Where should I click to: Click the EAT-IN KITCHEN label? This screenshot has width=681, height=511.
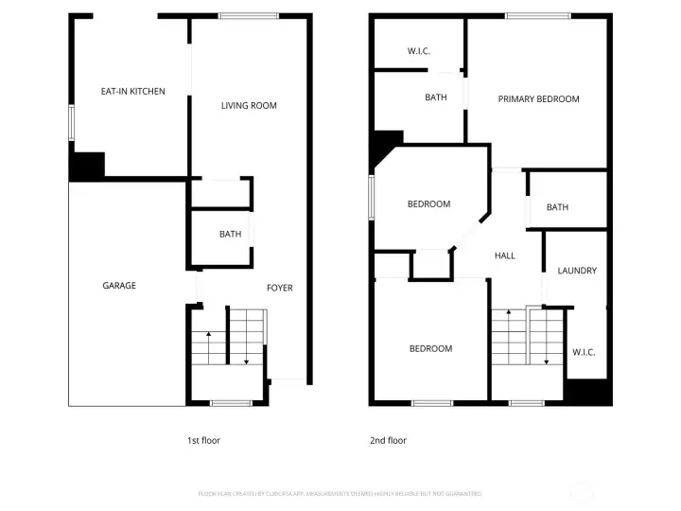point(133,92)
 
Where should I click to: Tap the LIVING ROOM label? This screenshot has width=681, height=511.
point(249,105)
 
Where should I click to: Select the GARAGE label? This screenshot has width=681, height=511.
point(119,285)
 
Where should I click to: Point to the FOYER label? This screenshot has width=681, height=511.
point(280,288)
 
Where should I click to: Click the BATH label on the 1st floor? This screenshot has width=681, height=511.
point(230,234)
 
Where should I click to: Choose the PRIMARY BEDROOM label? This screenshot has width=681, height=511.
point(538,98)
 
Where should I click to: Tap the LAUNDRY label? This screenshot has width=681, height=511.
point(577,271)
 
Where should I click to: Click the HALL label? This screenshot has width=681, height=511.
point(505,255)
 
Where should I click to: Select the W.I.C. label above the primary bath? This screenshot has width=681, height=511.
point(419,51)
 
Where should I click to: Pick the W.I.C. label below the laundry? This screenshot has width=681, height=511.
point(584,352)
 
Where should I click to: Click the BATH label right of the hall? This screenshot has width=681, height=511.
point(557,207)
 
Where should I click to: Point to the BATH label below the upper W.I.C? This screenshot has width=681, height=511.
point(436,97)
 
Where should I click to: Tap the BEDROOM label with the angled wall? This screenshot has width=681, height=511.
point(428,204)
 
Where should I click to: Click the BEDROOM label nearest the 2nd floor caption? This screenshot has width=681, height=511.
point(430,348)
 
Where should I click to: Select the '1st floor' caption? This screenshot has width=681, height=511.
point(203,440)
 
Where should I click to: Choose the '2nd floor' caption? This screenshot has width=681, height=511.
point(388,440)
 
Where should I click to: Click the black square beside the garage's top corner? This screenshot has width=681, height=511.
point(87,167)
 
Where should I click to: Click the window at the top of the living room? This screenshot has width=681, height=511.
point(249,16)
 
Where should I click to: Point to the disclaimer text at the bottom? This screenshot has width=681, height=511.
point(340,494)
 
